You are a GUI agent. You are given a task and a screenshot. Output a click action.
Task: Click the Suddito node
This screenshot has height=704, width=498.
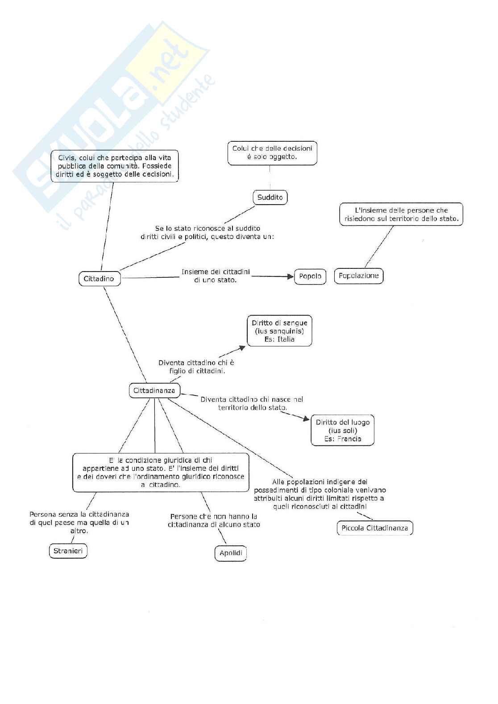tap(270, 197)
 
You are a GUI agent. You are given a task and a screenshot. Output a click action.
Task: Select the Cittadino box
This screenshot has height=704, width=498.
tap(99, 279)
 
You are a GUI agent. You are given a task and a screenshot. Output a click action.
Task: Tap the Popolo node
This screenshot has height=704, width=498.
tap(310, 276)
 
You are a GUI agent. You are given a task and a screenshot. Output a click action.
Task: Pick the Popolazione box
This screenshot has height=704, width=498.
tap(358, 276)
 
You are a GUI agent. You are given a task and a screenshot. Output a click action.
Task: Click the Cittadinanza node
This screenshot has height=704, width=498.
tap(154, 391)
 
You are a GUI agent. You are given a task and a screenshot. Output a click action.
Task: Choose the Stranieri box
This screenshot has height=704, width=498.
tap(68, 551)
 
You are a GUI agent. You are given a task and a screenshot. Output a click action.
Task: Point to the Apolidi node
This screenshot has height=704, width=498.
tap(231, 553)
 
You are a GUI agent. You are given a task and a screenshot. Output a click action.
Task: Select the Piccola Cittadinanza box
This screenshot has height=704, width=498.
tap(375, 528)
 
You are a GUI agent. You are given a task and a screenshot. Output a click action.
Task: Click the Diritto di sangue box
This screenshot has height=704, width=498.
tap(279, 331)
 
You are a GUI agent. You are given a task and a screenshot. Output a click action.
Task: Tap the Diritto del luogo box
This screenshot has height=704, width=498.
tap(342, 430)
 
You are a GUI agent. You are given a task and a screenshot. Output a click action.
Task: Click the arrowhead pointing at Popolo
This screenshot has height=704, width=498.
tap(290, 276)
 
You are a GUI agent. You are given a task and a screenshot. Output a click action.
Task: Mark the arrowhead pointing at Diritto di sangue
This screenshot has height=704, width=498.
tap(242, 347)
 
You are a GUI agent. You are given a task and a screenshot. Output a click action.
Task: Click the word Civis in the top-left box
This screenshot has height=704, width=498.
tap(66, 158)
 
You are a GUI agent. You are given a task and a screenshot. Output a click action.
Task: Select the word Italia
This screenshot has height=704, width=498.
tap(286, 339)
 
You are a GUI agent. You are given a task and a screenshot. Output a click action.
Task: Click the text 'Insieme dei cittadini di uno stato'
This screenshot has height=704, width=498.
tap(216, 276)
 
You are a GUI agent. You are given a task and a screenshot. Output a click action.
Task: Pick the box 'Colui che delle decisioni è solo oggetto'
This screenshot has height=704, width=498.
tap(272, 152)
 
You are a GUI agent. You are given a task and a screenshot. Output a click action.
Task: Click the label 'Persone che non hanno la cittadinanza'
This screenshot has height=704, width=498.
tap(214, 520)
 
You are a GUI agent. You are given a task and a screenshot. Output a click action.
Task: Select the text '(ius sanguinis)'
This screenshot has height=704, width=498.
tap(279, 331)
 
